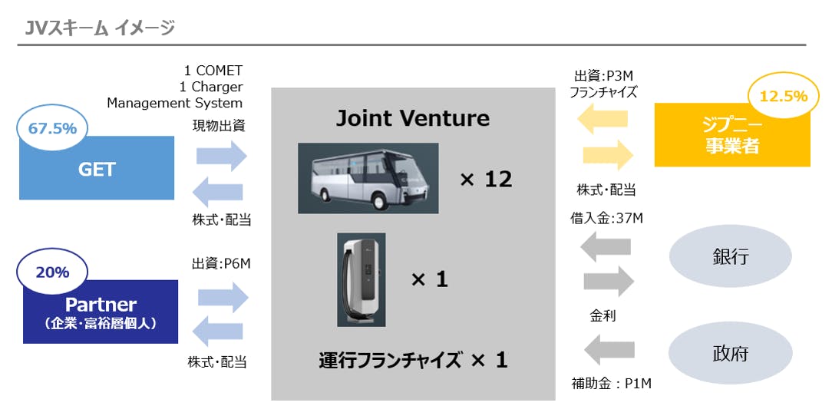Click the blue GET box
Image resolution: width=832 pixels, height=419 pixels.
tap(97, 169)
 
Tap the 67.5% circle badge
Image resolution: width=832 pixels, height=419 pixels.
tap(52, 128)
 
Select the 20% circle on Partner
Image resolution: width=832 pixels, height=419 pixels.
tap(52, 272)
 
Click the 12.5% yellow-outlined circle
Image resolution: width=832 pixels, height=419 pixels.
tap(783, 96)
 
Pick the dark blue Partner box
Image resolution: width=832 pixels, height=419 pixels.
tap(101, 311)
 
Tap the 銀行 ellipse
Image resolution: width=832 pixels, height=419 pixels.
tap(730, 256)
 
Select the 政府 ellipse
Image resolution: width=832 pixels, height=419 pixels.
tap(730, 353)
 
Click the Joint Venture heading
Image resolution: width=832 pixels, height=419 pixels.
tap(413, 118)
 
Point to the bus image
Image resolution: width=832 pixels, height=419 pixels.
tap(368, 178)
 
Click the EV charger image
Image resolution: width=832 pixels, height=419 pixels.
tap(362, 279)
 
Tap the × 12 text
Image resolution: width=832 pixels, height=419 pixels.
tap(486, 180)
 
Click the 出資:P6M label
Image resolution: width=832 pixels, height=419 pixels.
tap(221, 263)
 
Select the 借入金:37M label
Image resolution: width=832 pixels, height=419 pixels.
tap(606, 219)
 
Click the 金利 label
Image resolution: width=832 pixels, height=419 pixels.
tap(603, 315)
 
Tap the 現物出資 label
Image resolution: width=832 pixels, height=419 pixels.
tap(219, 126)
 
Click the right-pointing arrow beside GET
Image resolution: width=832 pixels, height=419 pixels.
tap(222, 156)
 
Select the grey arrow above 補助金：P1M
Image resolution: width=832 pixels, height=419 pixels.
tap(609, 351)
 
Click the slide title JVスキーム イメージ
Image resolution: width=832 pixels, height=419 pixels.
tap(99, 28)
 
